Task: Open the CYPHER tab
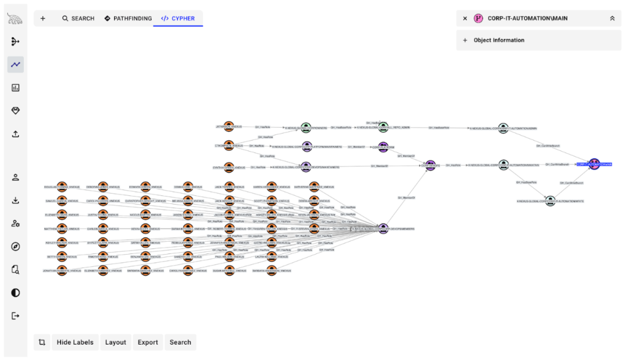click(178, 18)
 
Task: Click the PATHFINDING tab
click(128, 18)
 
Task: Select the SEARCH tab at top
click(78, 18)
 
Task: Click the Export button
click(148, 342)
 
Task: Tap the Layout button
click(115, 342)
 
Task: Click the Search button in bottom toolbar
click(181, 342)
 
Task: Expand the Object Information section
click(499, 40)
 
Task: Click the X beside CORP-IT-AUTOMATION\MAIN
click(465, 18)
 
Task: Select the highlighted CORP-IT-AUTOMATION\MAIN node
click(593, 164)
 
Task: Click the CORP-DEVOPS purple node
click(430, 165)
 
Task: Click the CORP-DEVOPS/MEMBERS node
click(383, 229)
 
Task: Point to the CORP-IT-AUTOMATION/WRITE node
click(550, 201)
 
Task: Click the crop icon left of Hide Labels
click(42, 342)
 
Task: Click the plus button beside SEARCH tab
click(43, 18)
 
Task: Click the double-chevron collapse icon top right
click(612, 18)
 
